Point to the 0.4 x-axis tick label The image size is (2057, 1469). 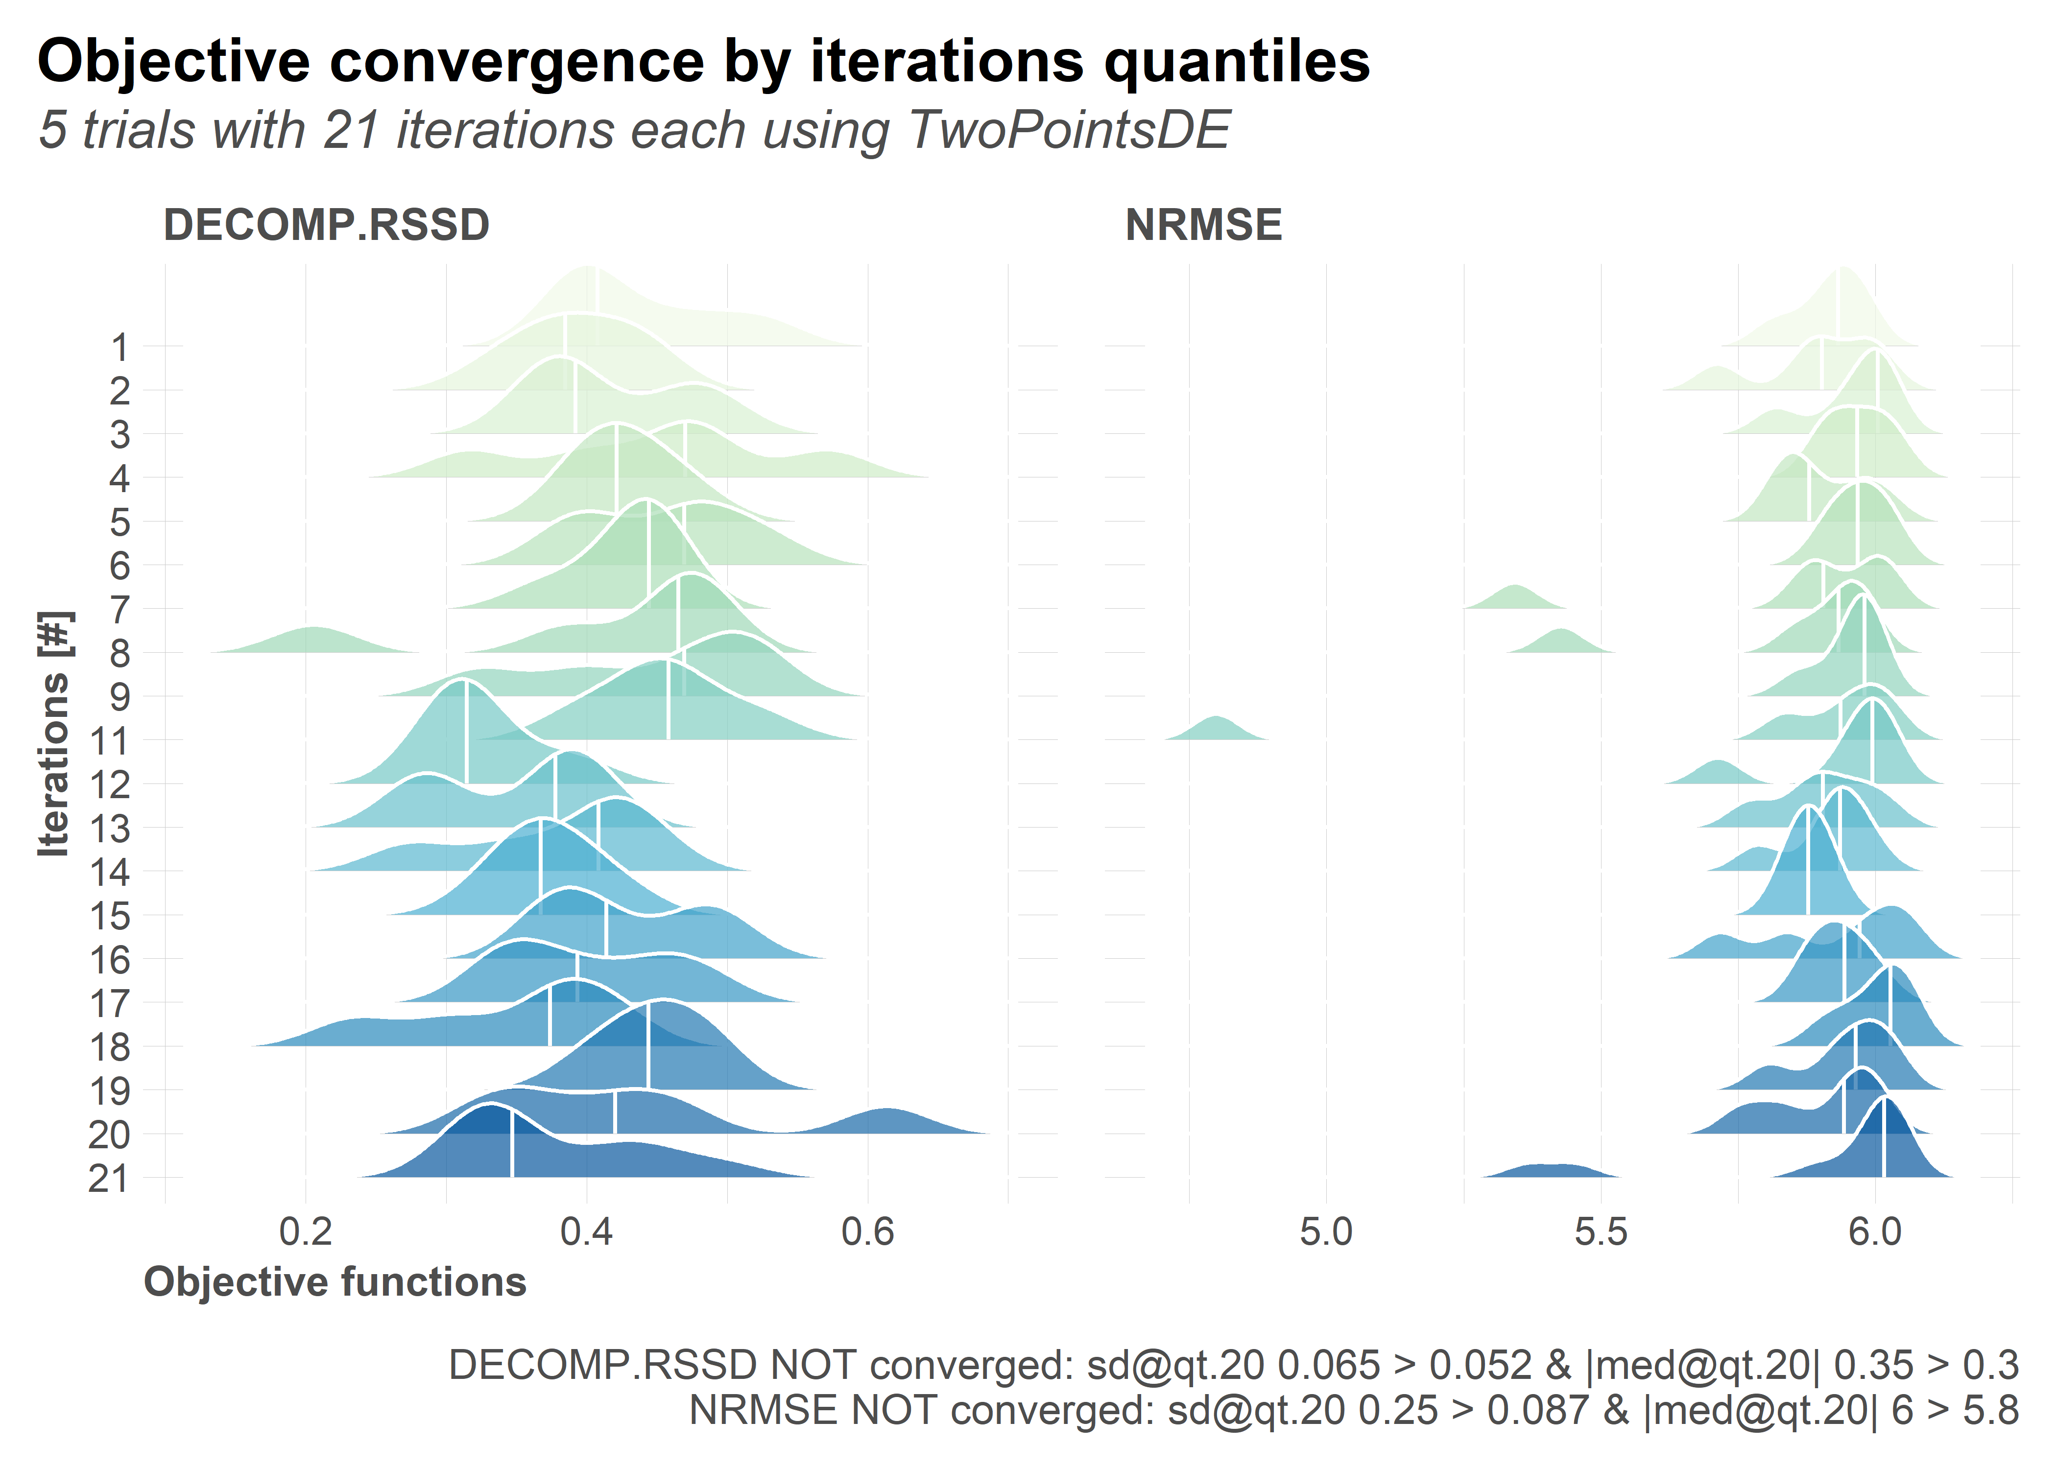coord(587,1232)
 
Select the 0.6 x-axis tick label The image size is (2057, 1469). coord(867,1232)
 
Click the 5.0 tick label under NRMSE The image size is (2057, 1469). coord(1326,1232)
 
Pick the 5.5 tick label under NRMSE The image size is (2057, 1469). coord(1601,1232)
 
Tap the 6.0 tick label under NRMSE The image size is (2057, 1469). coord(1875,1232)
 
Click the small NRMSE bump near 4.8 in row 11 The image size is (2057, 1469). coord(1217,729)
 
